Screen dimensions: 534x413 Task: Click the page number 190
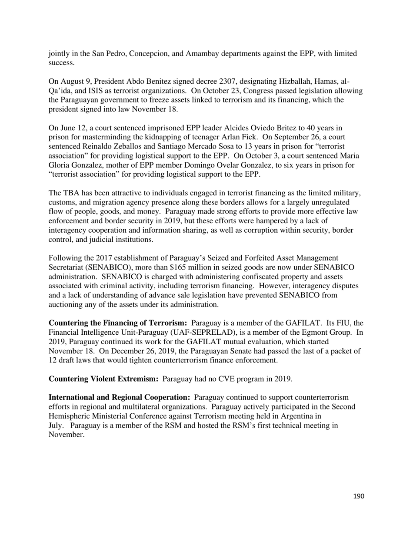tap(358, 496)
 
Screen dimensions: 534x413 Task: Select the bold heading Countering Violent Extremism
tap(103, 379)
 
